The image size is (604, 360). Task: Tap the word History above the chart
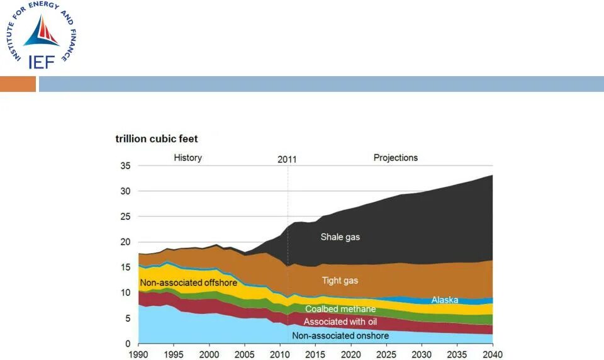pyautogui.click(x=187, y=157)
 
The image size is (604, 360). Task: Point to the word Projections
pyautogui.click(x=396, y=157)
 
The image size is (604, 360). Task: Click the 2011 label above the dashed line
pyautogui.click(x=287, y=159)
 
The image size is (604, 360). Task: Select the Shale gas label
pyautogui.click(x=340, y=237)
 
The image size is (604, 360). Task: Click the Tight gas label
pyautogui.click(x=340, y=281)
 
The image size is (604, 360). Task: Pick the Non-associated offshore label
pyautogui.click(x=189, y=283)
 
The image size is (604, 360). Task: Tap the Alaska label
pyautogui.click(x=444, y=300)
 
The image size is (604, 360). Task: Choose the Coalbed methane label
pyautogui.click(x=340, y=309)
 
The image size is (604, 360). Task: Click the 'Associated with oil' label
pyautogui.click(x=340, y=322)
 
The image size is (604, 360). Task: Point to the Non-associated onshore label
pyautogui.click(x=340, y=335)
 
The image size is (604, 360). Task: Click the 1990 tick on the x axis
pyautogui.click(x=139, y=354)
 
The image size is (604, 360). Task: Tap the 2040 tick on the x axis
pyautogui.click(x=492, y=354)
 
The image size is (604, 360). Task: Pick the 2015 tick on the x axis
pyautogui.click(x=316, y=354)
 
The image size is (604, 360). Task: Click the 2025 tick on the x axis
pyautogui.click(x=386, y=354)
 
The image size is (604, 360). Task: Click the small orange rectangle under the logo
pyautogui.click(x=18, y=84)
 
